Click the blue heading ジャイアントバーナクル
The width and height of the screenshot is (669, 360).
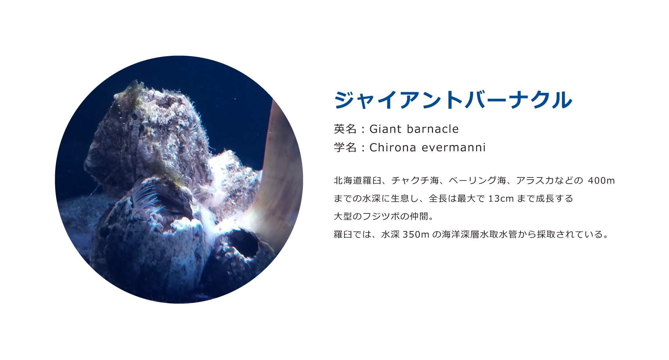click(453, 100)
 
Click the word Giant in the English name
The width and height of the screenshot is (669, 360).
click(385, 129)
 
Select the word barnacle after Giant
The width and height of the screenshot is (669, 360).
click(433, 129)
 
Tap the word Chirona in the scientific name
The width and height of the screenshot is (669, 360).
click(393, 147)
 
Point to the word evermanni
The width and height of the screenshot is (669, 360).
click(454, 147)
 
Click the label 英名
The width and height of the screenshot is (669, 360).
click(345, 129)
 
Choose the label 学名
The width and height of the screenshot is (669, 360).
click(345, 147)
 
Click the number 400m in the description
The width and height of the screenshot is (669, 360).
click(601, 181)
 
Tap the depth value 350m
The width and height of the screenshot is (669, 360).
click(416, 234)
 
